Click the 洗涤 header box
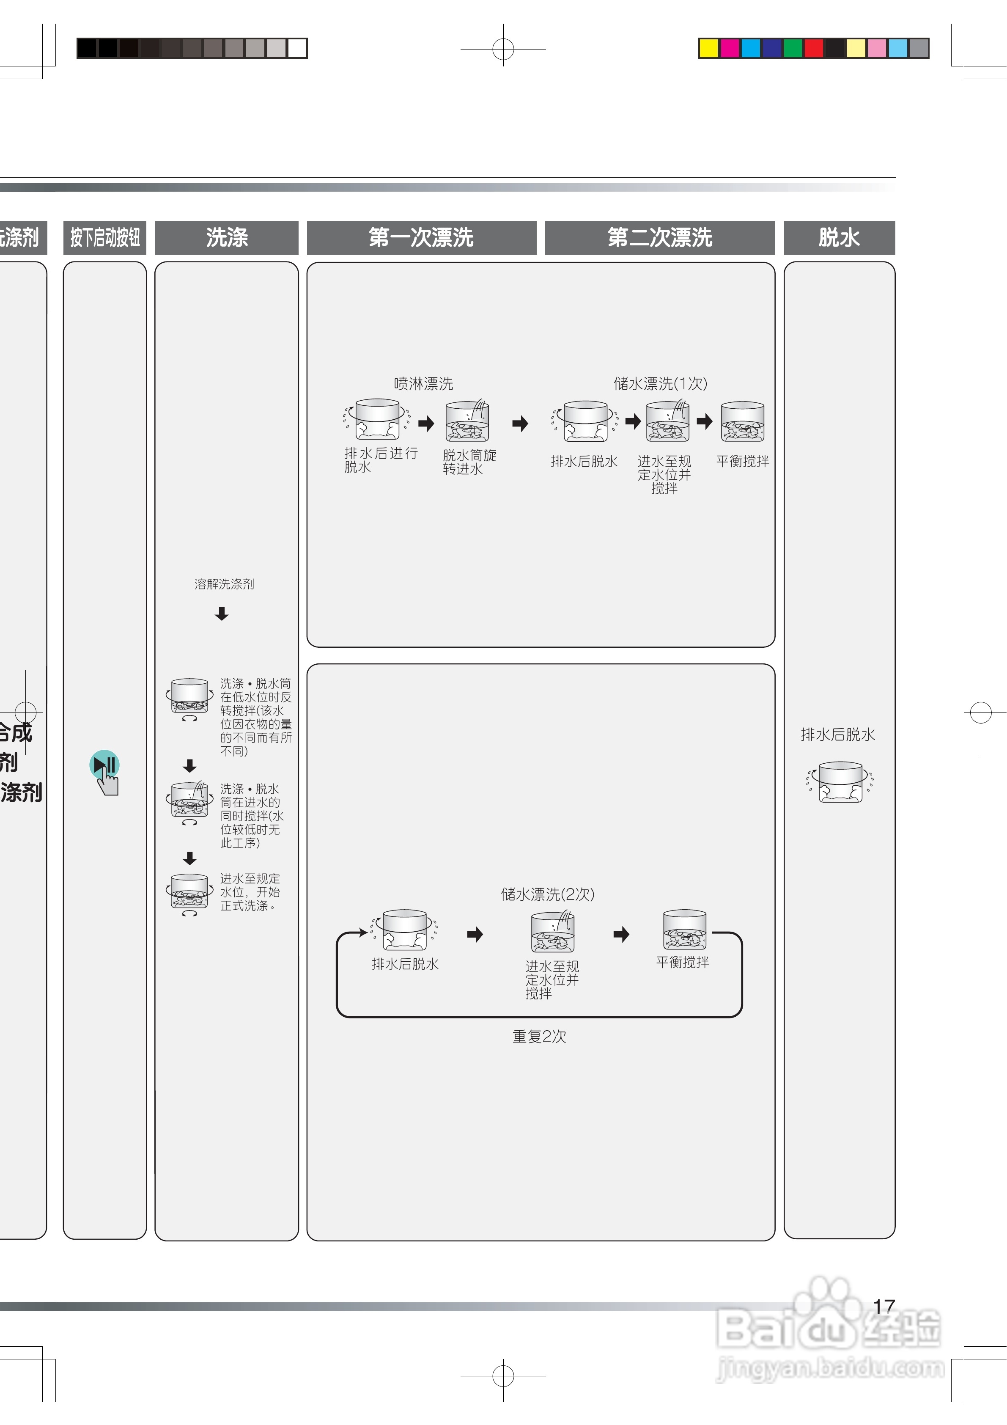[x=226, y=237]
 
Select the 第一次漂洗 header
[x=421, y=237]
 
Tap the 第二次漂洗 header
[x=659, y=237]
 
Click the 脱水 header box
[x=839, y=237]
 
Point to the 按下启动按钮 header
[x=105, y=237]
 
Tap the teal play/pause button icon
[x=104, y=765]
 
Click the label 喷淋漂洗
[x=423, y=384]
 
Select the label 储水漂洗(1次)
[x=660, y=384]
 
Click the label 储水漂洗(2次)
[x=547, y=894]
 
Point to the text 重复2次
[x=539, y=1037]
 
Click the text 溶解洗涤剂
[x=224, y=584]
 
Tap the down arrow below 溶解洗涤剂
[x=222, y=614]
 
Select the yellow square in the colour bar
[x=708, y=48]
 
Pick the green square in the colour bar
[x=792, y=48]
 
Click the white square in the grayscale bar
[x=297, y=48]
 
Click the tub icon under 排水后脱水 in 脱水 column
[x=840, y=783]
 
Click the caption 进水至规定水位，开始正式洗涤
[x=250, y=892]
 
